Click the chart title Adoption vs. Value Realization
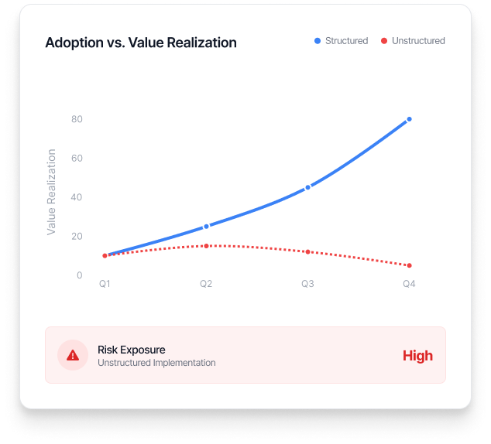(x=141, y=43)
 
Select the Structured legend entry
(x=341, y=41)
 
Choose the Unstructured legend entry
(x=413, y=41)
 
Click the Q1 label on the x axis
(x=105, y=285)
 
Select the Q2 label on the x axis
(x=206, y=285)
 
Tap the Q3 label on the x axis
(x=307, y=285)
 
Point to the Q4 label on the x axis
(x=409, y=285)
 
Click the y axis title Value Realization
(x=52, y=192)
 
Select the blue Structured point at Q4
(x=409, y=119)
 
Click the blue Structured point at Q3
(x=307, y=187)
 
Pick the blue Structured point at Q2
(x=206, y=227)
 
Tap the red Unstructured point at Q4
(x=409, y=265)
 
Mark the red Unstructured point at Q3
(x=307, y=252)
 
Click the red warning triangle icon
(x=73, y=355)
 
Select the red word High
(x=417, y=356)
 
